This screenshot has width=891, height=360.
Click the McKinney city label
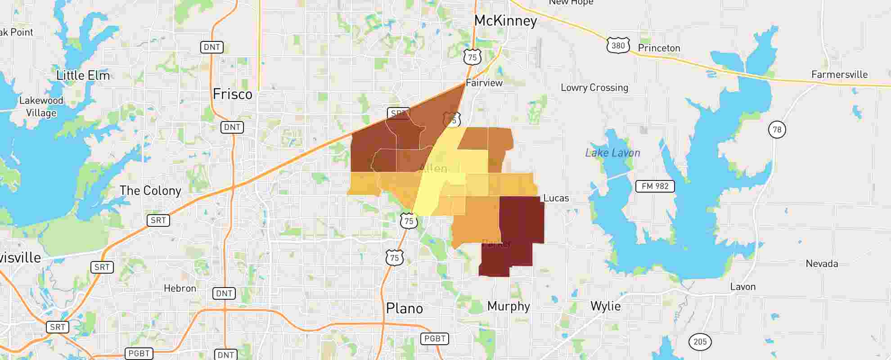505,21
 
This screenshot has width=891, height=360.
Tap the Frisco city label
232,94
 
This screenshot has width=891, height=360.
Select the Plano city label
404,308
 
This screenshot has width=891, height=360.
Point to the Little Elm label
83,75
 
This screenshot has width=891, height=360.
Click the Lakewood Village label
41,107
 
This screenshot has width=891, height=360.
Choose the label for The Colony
150,190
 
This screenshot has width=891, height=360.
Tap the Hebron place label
180,288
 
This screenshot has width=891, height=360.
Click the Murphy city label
508,306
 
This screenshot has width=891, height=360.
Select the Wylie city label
605,306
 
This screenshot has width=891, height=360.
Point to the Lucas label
556,198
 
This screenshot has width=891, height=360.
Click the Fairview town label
484,83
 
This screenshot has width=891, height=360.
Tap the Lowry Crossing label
594,88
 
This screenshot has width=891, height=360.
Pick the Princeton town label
659,48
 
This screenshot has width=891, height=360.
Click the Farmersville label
839,75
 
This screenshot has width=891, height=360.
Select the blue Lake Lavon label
612,153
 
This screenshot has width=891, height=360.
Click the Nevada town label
822,264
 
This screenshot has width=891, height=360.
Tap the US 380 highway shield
618,45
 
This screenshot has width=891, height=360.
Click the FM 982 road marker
655,186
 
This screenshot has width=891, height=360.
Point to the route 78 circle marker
777,130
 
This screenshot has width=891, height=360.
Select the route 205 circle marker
700,342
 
